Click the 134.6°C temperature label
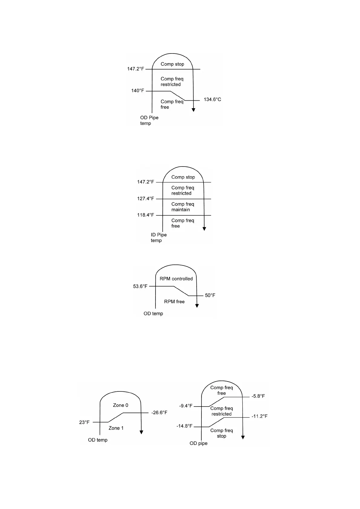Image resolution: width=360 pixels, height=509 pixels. (x=212, y=99)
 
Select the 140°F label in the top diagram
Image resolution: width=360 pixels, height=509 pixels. (x=138, y=91)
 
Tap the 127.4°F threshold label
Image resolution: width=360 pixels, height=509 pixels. (x=146, y=199)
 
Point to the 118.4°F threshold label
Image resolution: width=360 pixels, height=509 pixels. (x=146, y=215)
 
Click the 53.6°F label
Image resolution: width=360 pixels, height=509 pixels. (x=140, y=286)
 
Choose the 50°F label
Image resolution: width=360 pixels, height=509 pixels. (x=210, y=295)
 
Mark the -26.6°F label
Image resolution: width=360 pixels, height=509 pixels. (x=159, y=413)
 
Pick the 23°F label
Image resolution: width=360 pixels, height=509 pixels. (x=84, y=422)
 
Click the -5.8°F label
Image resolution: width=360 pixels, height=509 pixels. (x=258, y=396)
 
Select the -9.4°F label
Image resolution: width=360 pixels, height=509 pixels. (x=186, y=406)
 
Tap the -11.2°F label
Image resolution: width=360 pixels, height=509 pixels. (x=259, y=416)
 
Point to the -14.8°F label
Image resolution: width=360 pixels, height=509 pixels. (x=185, y=426)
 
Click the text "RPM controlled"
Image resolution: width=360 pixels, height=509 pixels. (x=176, y=279)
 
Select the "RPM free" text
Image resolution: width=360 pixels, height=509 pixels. (x=174, y=301)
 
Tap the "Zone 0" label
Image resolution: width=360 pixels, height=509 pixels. (x=120, y=405)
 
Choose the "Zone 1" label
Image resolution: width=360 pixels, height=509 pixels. (x=116, y=428)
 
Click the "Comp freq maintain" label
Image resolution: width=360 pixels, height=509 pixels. (x=182, y=207)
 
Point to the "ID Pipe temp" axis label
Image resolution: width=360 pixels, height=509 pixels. (x=159, y=238)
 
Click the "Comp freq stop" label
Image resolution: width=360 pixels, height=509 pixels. (x=221, y=433)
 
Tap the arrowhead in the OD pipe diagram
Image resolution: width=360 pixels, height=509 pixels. (x=243, y=437)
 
